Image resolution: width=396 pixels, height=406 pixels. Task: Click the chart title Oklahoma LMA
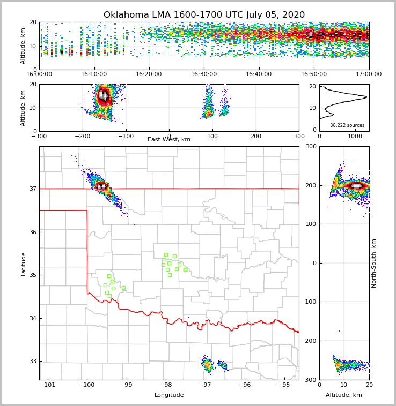204,15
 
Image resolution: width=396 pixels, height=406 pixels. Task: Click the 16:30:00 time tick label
204,74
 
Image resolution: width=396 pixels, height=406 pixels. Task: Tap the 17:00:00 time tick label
369,74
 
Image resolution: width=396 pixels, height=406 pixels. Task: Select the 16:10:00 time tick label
94,74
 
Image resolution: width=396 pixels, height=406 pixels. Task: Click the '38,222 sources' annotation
347,125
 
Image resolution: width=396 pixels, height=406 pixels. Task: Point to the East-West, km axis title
169,140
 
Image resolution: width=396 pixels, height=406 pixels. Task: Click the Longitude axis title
169,395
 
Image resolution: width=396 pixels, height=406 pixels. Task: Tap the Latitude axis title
23,264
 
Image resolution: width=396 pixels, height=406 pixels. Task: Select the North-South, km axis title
374,263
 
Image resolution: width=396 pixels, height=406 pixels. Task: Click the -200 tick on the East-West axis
82,136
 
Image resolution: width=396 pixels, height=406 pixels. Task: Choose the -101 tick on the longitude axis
48,385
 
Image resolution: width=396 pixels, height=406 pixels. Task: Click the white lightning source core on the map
101,186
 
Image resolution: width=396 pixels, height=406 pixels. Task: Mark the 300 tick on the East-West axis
299,136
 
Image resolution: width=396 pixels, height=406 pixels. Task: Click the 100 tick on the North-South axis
310,224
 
